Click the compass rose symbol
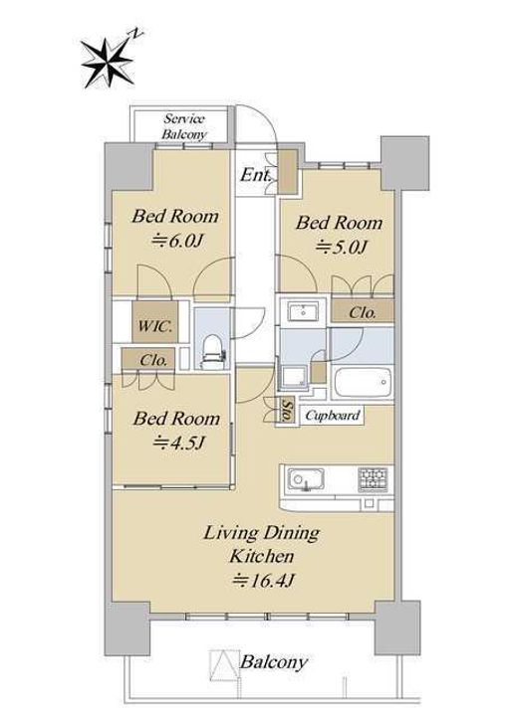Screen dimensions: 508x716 (x=108, y=63)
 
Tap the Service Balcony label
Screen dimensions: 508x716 (x=184, y=126)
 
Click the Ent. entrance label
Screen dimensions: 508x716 (x=256, y=175)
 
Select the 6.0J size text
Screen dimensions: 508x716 (x=176, y=241)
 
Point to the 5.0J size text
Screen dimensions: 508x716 (x=341, y=247)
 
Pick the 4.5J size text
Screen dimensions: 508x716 (x=179, y=442)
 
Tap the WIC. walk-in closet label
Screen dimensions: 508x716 (x=155, y=326)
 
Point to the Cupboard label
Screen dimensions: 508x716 (x=333, y=416)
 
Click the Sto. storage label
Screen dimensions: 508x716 (x=288, y=411)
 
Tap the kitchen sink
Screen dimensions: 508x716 (x=306, y=480)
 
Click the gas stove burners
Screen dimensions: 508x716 (x=373, y=479)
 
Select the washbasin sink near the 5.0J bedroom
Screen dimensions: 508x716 (x=303, y=313)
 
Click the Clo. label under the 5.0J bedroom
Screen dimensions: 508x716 (x=363, y=313)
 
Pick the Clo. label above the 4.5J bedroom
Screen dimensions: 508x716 (x=153, y=360)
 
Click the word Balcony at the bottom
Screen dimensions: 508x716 (x=274, y=662)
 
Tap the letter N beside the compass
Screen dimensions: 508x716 (x=136, y=34)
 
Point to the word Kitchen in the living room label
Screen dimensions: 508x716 (x=262, y=556)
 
